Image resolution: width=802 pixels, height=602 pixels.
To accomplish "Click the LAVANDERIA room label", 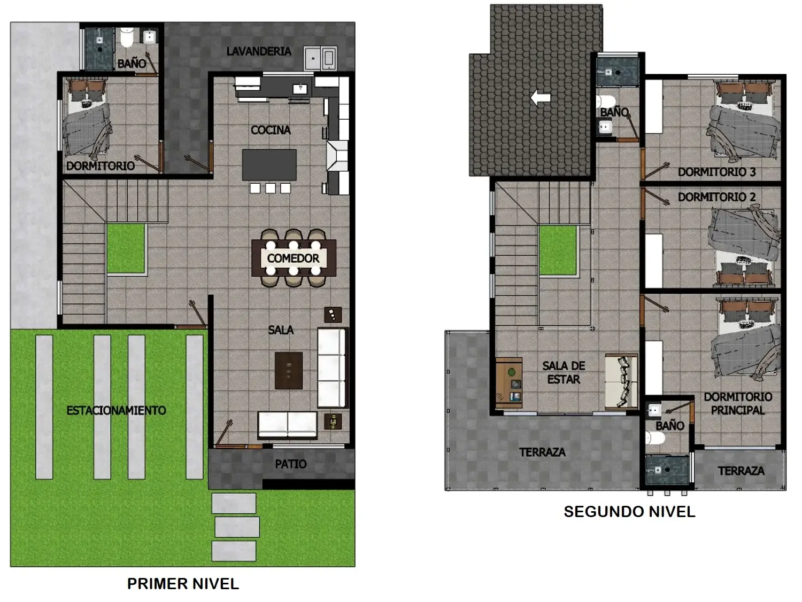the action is pyautogui.click(x=259, y=51).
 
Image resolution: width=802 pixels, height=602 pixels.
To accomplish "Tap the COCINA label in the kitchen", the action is pyautogui.click(x=271, y=130).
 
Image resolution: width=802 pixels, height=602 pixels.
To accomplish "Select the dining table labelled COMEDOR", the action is pyautogui.click(x=294, y=258).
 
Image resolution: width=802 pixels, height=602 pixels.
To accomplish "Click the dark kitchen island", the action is pyautogui.click(x=269, y=165).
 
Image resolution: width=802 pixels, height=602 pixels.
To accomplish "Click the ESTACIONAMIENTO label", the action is pyautogui.click(x=116, y=410).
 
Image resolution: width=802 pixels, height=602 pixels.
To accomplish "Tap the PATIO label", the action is pyautogui.click(x=290, y=464).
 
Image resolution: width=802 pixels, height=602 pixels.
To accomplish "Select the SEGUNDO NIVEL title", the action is pyautogui.click(x=629, y=512).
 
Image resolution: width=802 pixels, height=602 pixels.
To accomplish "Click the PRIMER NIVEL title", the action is pyautogui.click(x=183, y=584).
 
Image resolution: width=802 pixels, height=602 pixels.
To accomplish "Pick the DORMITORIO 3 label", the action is pyautogui.click(x=716, y=172).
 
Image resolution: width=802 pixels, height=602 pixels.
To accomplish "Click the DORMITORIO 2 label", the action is pyautogui.click(x=716, y=197).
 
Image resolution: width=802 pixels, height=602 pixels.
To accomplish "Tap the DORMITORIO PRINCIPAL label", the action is pyautogui.click(x=738, y=403).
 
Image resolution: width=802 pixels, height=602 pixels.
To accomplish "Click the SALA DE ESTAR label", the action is pyautogui.click(x=564, y=372).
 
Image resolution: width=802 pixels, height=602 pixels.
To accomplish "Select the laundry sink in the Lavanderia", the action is pyautogui.click(x=320, y=58).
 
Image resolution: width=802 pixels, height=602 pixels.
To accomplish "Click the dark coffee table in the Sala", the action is pyautogui.click(x=289, y=371).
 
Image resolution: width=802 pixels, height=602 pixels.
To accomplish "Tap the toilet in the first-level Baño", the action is pyautogui.click(x=127, y=38).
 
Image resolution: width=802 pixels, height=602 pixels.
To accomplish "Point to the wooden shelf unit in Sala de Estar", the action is pyautogui.click(x=509, y=383).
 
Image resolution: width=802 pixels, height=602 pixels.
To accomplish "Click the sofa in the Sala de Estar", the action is pyautogui.click(x=621, y=381).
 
